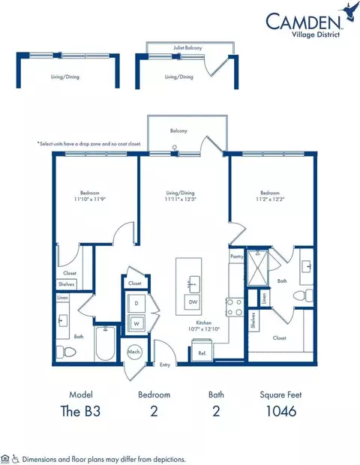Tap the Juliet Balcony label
coord(179,46)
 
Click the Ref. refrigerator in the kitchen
coord(202,352)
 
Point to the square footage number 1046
coord(280,410)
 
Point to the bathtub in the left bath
coord(106,344)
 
